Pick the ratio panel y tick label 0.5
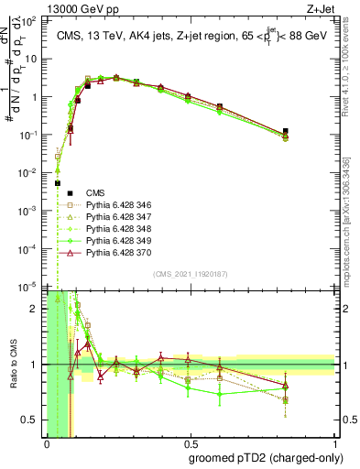pyautogui.click(x=30, y=420)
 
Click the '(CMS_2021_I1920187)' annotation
pyautogui.click(x=190, y=274)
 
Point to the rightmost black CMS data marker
pyautogui.click(x=311, y=132)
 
